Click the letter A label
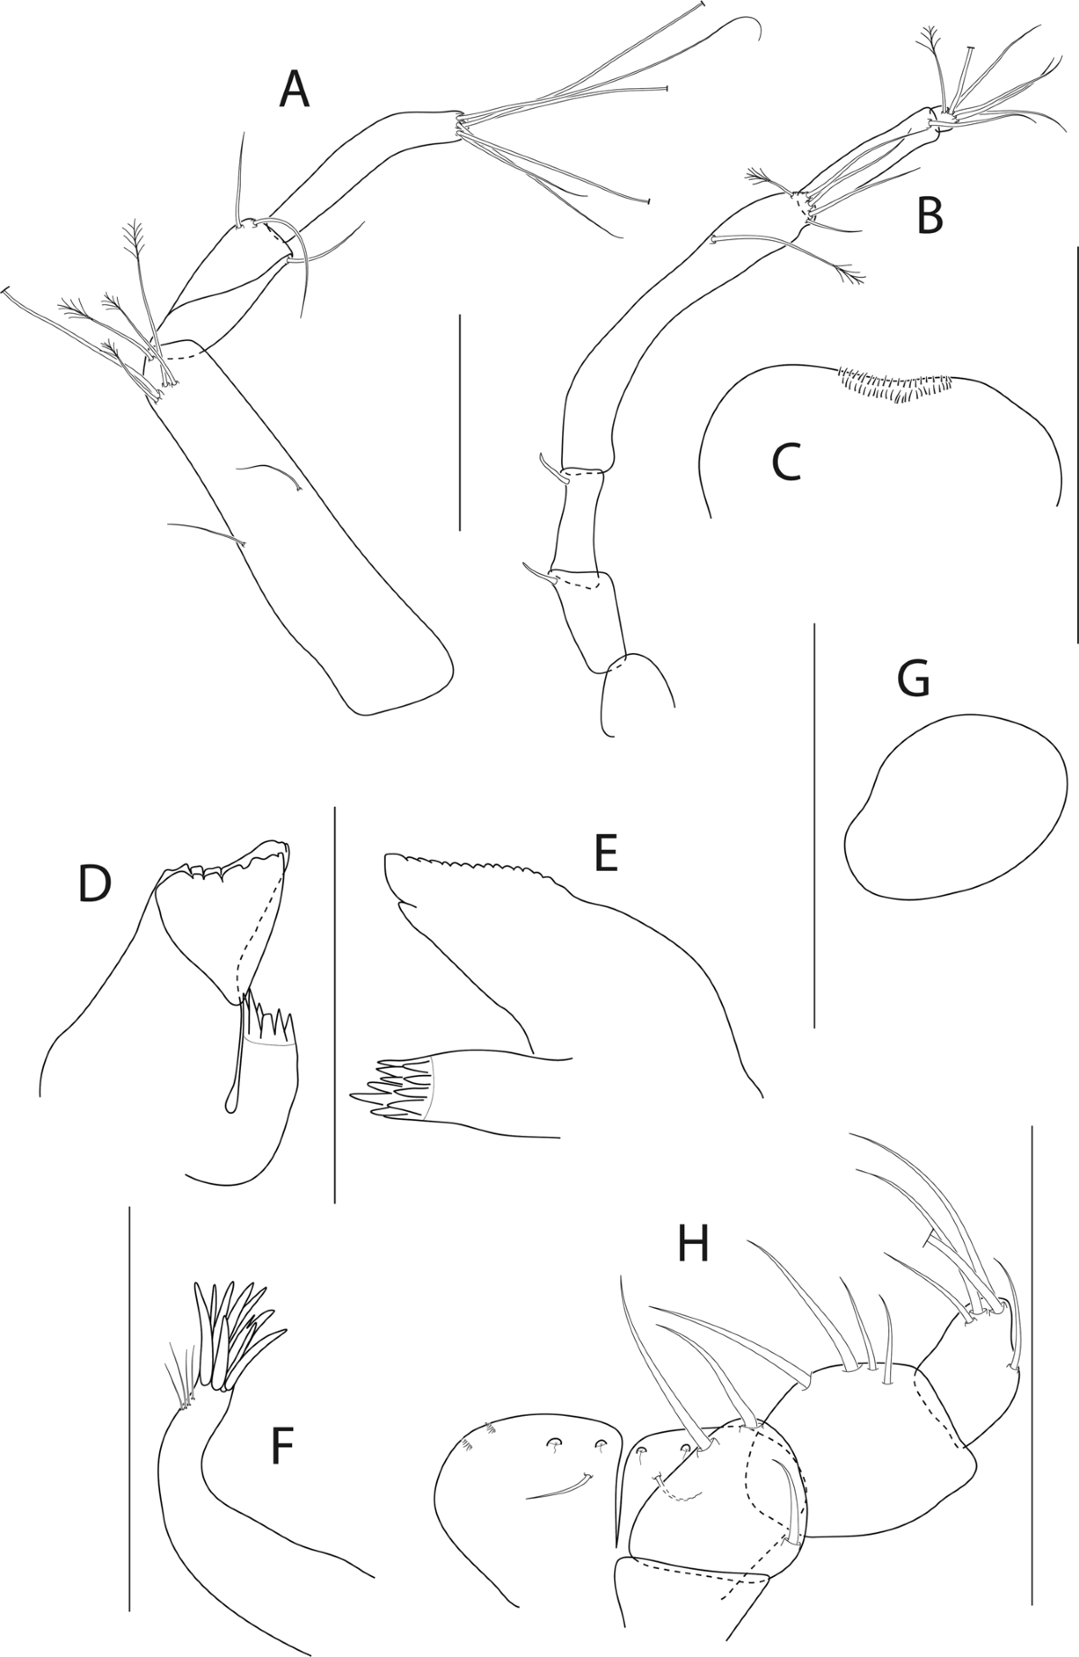[x=294, y=91]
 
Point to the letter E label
[x=606, y=854]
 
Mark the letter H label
[x=693, y=1244]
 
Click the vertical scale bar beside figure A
[x=459, y=422]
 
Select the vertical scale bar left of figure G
[x=814, y=824]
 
